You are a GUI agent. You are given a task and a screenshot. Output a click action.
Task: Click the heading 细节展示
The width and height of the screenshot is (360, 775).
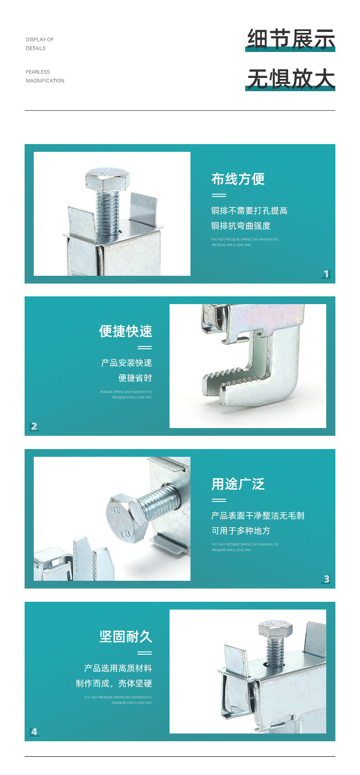(291, 39)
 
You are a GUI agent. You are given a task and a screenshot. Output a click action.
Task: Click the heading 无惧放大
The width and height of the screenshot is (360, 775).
(291, 78)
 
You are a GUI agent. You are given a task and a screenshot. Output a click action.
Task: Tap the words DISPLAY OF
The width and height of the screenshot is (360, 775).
(40, 40)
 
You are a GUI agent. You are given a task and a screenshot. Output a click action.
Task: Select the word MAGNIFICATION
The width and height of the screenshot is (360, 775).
(45, 81)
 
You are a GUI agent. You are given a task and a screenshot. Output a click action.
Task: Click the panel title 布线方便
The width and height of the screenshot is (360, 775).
(238, 179)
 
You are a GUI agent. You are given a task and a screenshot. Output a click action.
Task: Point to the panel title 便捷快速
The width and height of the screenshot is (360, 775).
(126, 331)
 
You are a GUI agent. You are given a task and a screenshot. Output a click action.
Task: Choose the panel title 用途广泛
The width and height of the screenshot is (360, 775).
(238, 484)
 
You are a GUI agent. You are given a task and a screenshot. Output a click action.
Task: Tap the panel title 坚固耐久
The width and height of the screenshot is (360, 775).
(126, 637)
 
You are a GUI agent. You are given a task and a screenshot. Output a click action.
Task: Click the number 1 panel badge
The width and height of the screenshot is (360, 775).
(326, 274)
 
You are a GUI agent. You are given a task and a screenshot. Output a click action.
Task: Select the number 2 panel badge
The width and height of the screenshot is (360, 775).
(34, 426)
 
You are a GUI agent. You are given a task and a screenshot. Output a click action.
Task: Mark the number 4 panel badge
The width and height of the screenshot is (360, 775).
(34, 732)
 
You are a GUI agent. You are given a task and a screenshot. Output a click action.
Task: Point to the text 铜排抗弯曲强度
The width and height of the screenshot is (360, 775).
(241, 226)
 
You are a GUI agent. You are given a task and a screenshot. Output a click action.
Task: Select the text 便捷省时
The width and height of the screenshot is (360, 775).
(135, 378)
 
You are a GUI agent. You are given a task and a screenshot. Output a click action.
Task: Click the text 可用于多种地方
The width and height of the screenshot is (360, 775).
(241, 531)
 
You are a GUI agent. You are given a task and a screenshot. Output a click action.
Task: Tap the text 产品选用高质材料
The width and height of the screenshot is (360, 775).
(118, 668)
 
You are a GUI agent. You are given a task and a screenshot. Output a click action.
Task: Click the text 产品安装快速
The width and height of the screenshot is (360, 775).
(127, 363)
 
